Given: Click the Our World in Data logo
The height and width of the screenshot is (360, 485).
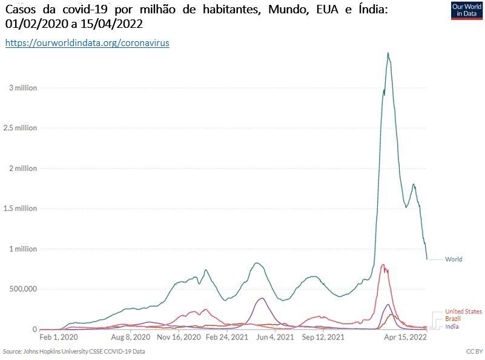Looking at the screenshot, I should click(x=467, y=11).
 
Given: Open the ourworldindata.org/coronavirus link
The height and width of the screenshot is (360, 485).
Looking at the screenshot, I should click(x=87, y=43).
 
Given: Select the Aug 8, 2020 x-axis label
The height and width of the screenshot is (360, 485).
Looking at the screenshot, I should click(x=131, y=337).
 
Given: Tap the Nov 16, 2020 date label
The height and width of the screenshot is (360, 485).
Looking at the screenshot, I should click(x=179, y=337).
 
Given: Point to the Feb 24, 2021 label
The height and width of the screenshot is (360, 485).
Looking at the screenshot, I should click(x=227, y=337).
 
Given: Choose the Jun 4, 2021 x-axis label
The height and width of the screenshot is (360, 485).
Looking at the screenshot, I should click(x=276, y=337).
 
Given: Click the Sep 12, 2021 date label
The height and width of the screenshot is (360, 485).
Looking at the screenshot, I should click(x=323, y=337).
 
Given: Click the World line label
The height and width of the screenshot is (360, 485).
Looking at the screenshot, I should click(x=454, y=259).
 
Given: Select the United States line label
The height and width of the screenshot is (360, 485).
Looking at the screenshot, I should click(x=463, y=312).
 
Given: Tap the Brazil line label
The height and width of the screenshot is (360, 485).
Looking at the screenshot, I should click(x=453, y=319).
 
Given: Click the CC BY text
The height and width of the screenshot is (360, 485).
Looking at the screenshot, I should click(x=473, y=351).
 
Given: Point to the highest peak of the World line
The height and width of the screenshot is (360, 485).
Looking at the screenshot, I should click(x=388, y=53).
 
